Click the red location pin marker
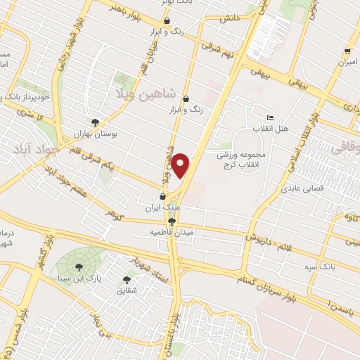[x=182, y=166]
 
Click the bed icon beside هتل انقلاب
[x=270, y=117]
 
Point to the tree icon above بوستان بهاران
[x=95, y=121]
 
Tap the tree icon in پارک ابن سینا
[x=78, y=266]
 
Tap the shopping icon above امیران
[x=347, y=51]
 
